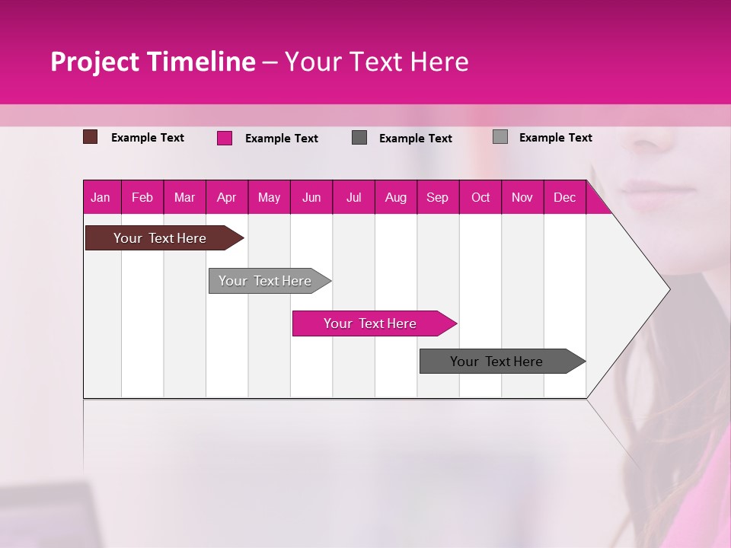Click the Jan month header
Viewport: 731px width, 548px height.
coord(101,198)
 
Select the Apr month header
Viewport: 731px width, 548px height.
coord(226,198)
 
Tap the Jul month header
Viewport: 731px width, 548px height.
coord(353,198)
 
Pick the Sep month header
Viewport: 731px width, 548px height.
coord(437,198)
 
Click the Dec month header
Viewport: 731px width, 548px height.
coord(564,198)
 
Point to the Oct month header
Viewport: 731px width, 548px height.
coord(480,198)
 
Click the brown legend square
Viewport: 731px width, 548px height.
coord(91,137)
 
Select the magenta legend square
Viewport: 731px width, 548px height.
coord(225,138)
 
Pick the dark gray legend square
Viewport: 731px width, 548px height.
coord(359,138)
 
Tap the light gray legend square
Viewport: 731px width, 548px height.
coord(500,137)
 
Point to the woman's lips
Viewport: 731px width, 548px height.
coord(643,191)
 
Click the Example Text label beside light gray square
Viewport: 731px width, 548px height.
coord(555,138)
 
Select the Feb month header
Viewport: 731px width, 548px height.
coord(142,198)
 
